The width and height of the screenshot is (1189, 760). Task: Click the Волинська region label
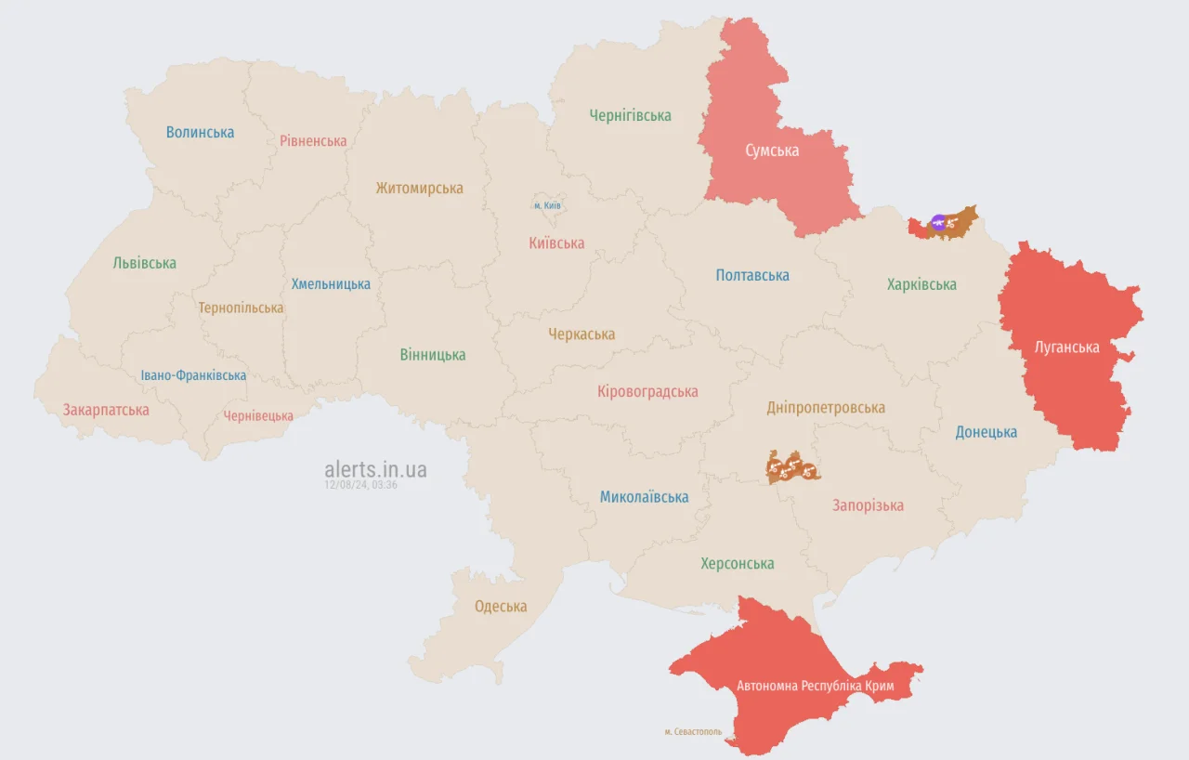200,132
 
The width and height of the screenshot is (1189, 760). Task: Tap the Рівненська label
313,141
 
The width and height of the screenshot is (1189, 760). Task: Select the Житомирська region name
419,188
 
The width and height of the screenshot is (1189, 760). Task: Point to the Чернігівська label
630,116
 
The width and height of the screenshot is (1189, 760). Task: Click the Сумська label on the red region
772,151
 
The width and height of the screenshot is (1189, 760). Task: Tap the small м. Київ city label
547,205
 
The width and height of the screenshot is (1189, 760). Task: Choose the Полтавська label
752,275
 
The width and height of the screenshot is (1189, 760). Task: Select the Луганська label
1066,347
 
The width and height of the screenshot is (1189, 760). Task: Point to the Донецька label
986,432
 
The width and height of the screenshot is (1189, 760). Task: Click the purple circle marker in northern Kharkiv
938,221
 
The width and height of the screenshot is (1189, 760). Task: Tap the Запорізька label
868,505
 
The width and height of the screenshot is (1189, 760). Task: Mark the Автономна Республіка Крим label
816,686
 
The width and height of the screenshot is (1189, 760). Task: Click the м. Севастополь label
693,732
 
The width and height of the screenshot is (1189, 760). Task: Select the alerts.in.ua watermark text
375,469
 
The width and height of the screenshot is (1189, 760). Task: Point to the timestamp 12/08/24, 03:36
360,485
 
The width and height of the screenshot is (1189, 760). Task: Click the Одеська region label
501,607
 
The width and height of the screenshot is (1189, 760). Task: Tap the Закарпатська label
106,410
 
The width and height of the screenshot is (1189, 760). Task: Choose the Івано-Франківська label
193,375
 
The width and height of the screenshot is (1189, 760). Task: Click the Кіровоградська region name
647,392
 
